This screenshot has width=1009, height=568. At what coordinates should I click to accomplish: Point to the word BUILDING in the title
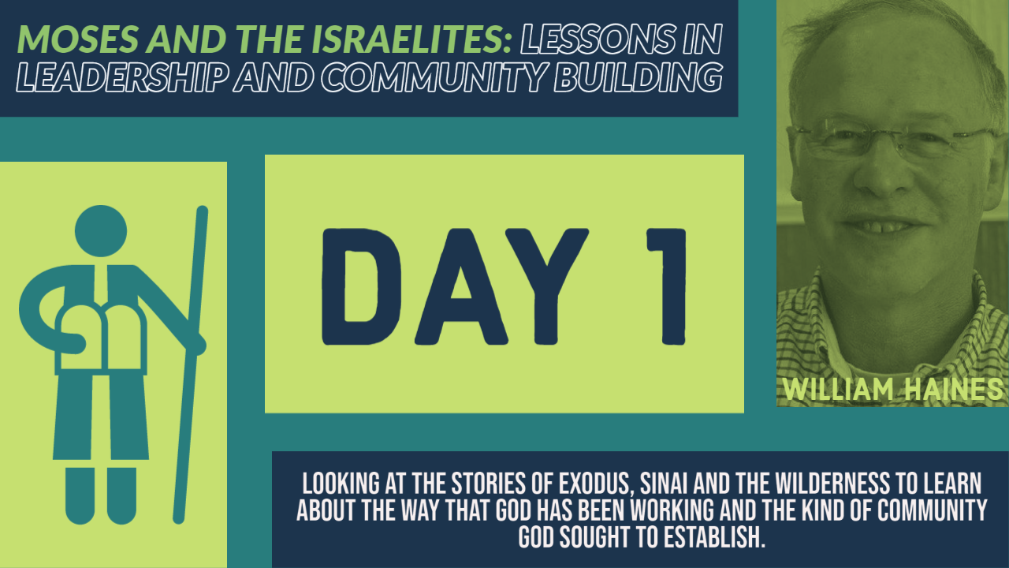[639, 77]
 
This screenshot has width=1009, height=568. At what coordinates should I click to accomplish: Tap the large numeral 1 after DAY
[666, 286]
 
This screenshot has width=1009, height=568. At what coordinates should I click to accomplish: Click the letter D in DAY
[361, 286]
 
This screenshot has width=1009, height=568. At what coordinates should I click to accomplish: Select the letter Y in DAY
[546, 286]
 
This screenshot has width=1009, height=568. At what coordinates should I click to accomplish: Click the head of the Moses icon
[101, 231]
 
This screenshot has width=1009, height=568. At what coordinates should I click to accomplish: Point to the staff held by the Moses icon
[190, 364]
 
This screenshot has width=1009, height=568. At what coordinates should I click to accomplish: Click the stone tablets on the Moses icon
[101, 339]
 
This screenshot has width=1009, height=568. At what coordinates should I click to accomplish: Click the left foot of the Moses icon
[80, 496]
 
